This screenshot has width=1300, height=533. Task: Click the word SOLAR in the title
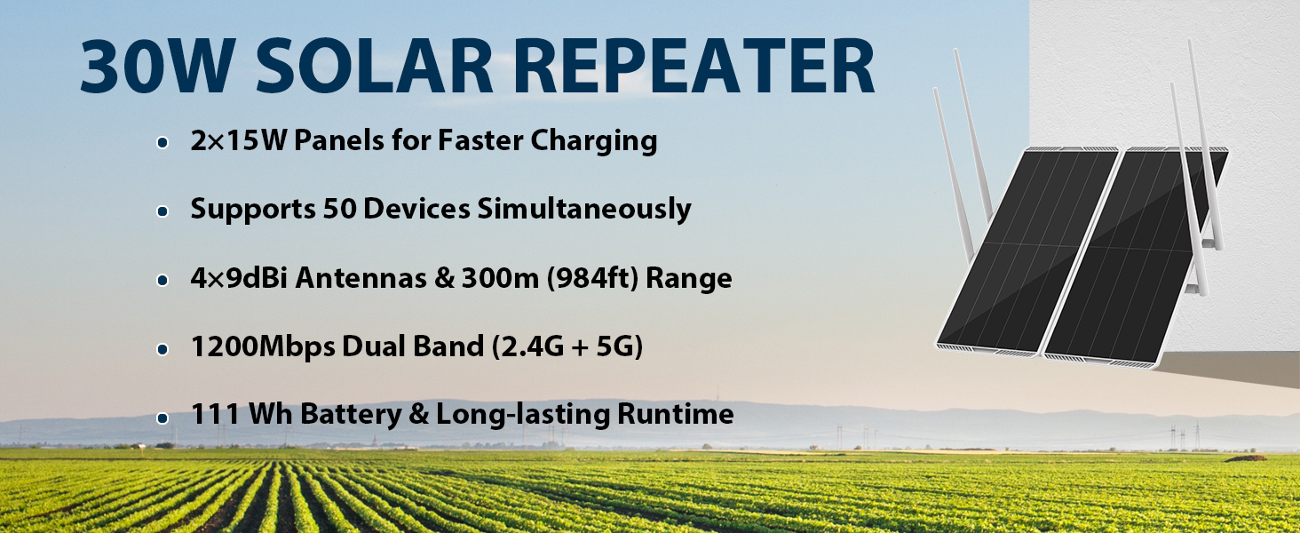[x=375, y=65]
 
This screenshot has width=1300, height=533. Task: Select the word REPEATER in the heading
[x=694, y=65]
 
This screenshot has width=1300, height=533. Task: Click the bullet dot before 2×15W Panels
[x=162, y=142]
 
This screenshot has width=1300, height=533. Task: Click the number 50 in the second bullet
[x=339, y=209]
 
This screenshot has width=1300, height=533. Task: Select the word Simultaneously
[x=584, y=210]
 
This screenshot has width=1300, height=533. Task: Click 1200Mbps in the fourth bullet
[x=263, y=347]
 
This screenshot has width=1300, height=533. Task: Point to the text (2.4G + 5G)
[x=567, y=346]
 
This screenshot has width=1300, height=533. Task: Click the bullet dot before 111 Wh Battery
[x=162, y=418]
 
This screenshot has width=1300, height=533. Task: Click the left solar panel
[x=1027, y=251]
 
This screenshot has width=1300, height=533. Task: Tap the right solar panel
[x=1135, y=256]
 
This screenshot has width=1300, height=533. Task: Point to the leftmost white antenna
[x=952, y=174]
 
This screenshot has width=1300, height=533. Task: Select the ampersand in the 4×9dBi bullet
[x=444, y=278]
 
